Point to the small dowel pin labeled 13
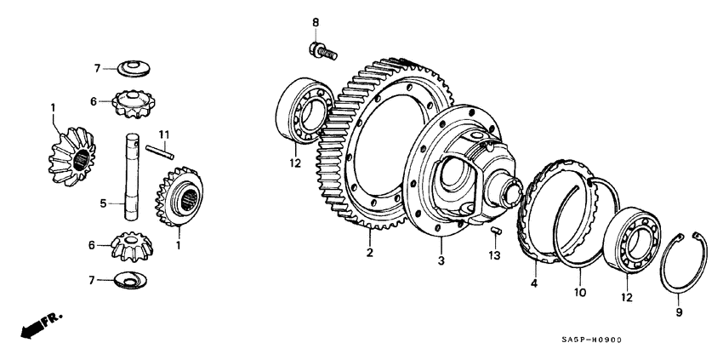[x=501, y=229]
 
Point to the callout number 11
[x=165, y=134]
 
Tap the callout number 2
[x=370, y=253]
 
